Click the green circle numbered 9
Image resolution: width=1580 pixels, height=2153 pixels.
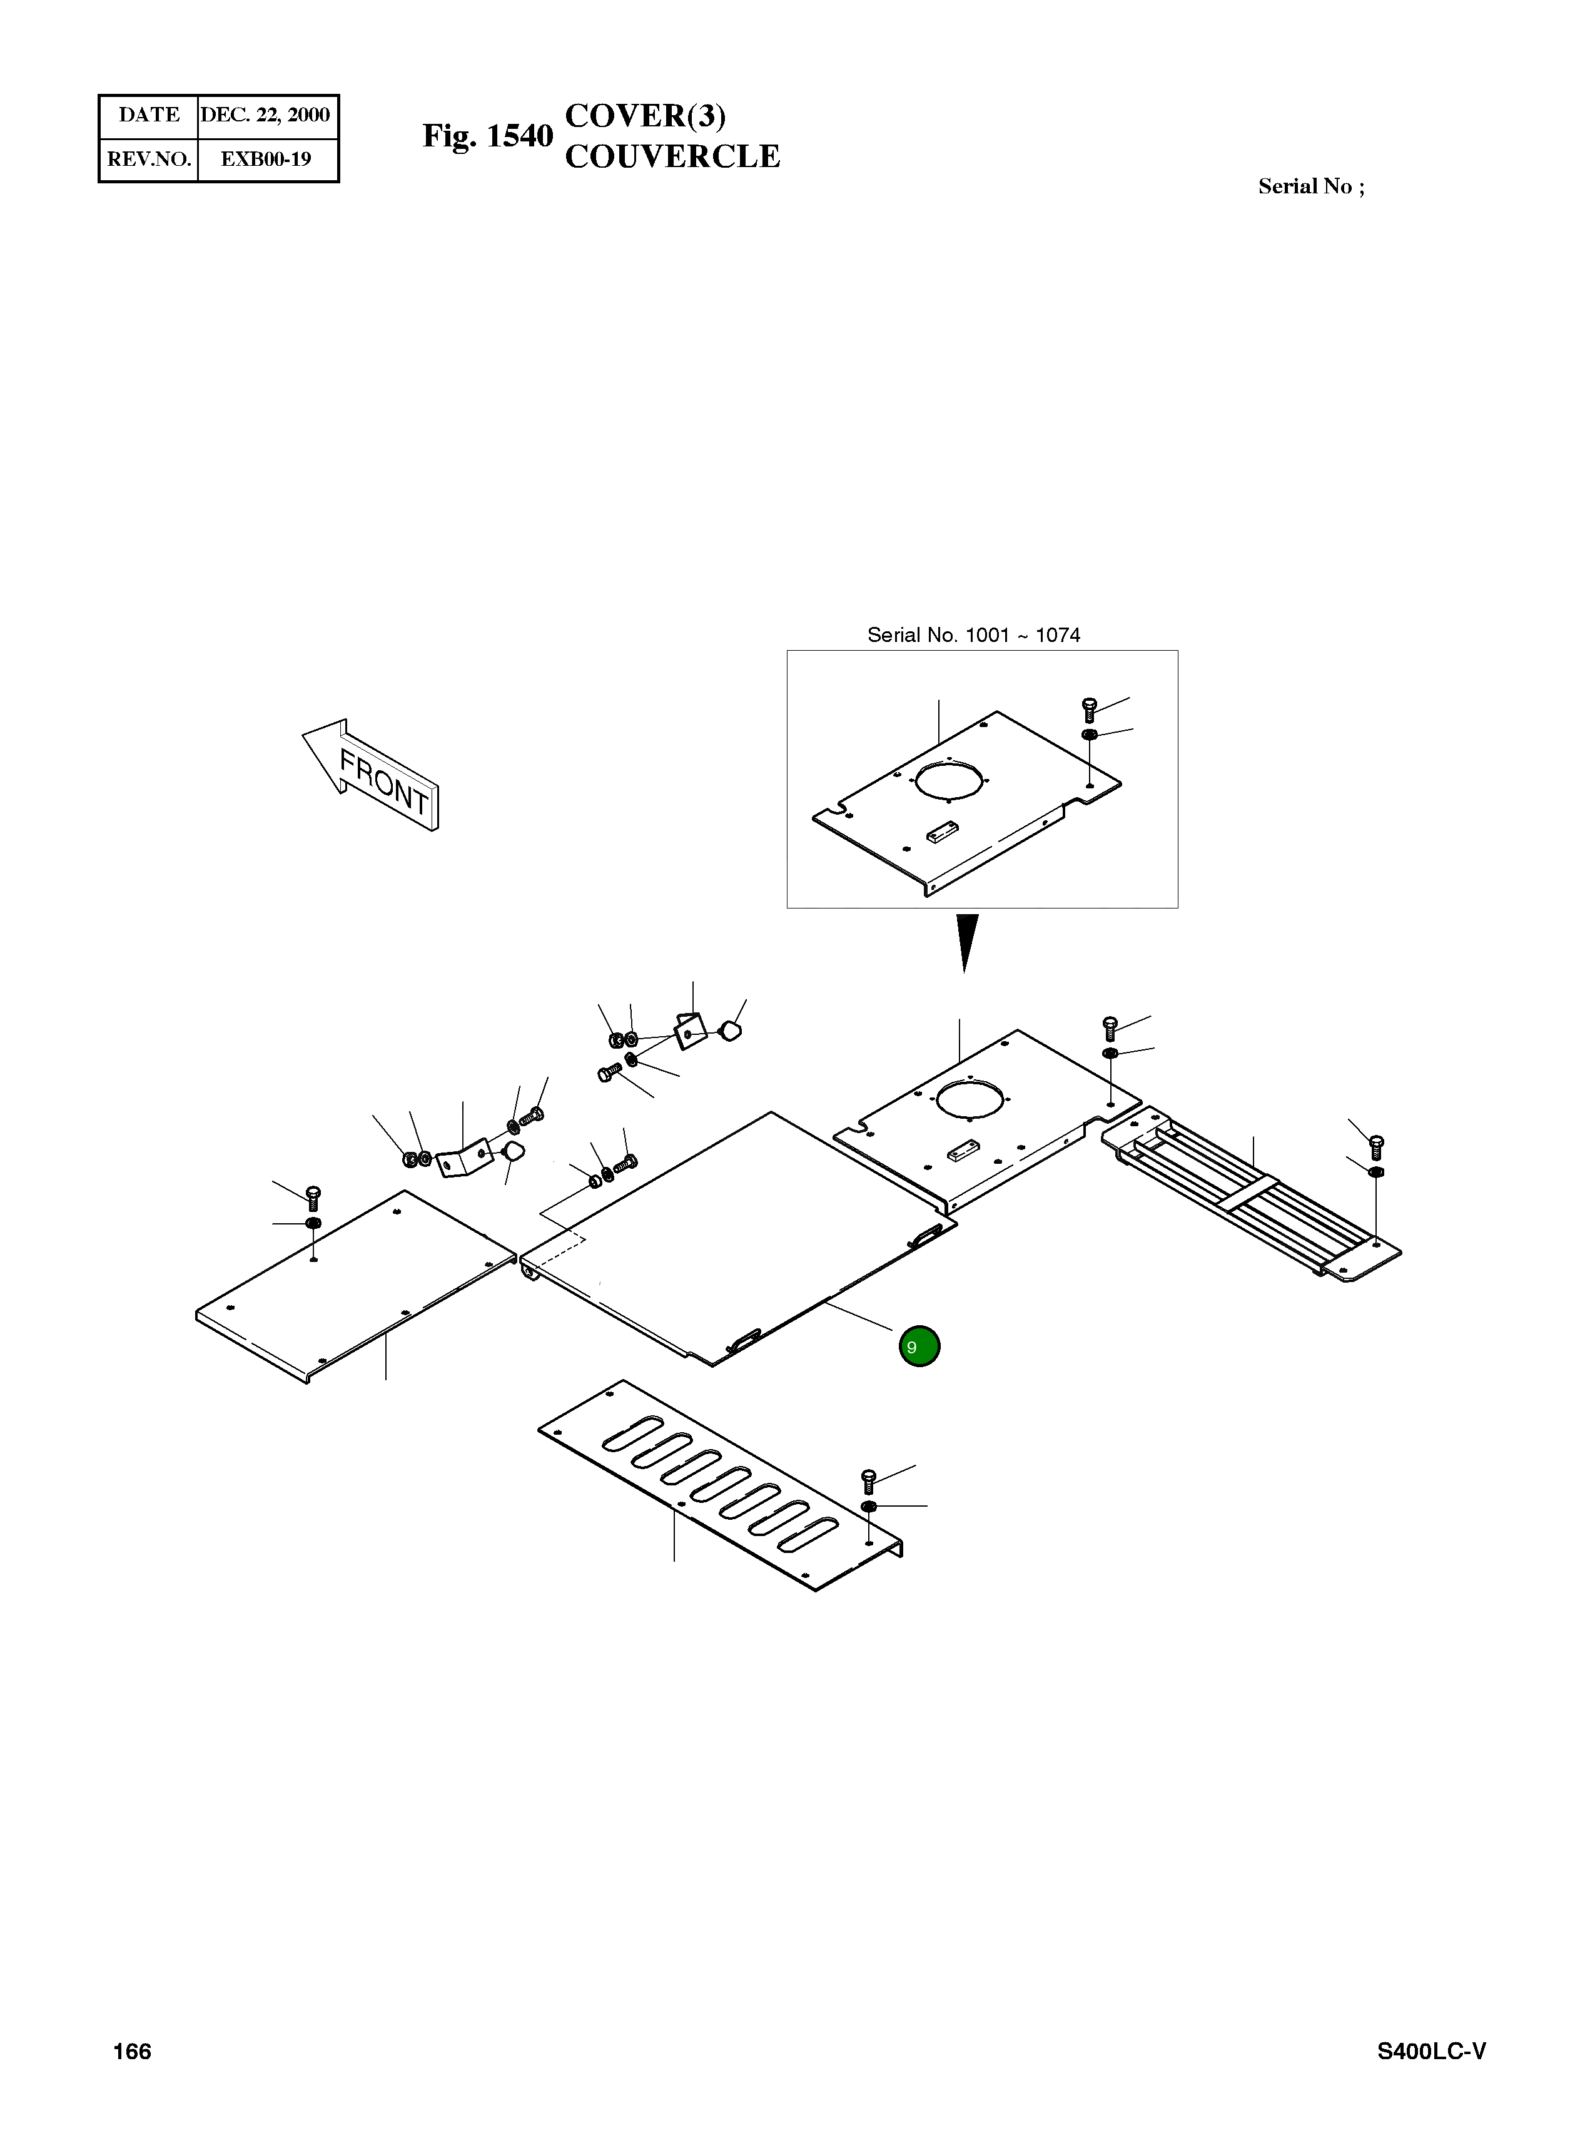919,1346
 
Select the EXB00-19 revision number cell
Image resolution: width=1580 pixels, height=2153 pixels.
266,160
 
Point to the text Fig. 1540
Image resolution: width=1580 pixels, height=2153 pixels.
488,137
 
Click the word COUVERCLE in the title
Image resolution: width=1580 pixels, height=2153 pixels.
672,157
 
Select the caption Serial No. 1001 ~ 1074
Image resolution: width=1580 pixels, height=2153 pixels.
974,635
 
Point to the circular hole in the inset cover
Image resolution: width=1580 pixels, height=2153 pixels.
947,778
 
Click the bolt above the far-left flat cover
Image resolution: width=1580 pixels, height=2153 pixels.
313,1196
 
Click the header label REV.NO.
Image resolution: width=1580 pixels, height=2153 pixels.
149,160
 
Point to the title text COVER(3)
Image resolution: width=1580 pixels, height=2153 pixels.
646,116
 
